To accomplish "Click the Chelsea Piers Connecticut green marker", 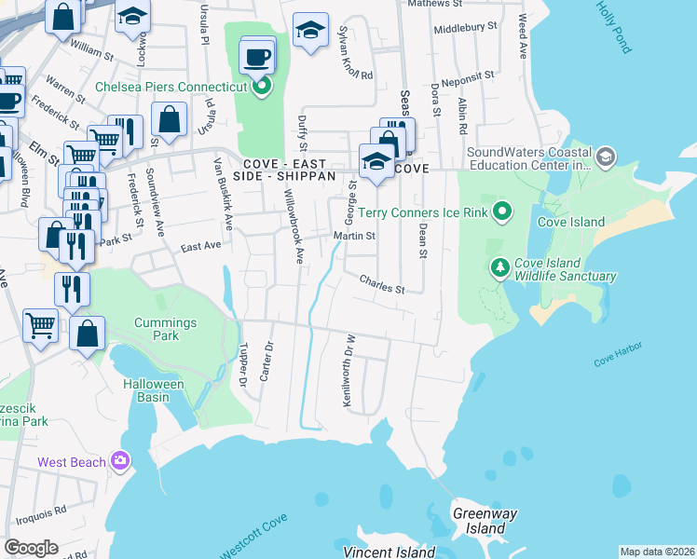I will [x=263, y=88].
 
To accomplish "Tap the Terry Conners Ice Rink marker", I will [x=502, y=212].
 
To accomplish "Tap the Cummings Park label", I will [x=166, y=329].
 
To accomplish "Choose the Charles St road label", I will [x=381, y=284].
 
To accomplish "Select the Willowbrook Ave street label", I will [x=294, y=228].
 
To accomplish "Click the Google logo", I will [x=31, y=548].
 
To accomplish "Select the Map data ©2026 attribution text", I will [x=657, y=552].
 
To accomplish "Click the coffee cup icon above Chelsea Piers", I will [x=258, y=57].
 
